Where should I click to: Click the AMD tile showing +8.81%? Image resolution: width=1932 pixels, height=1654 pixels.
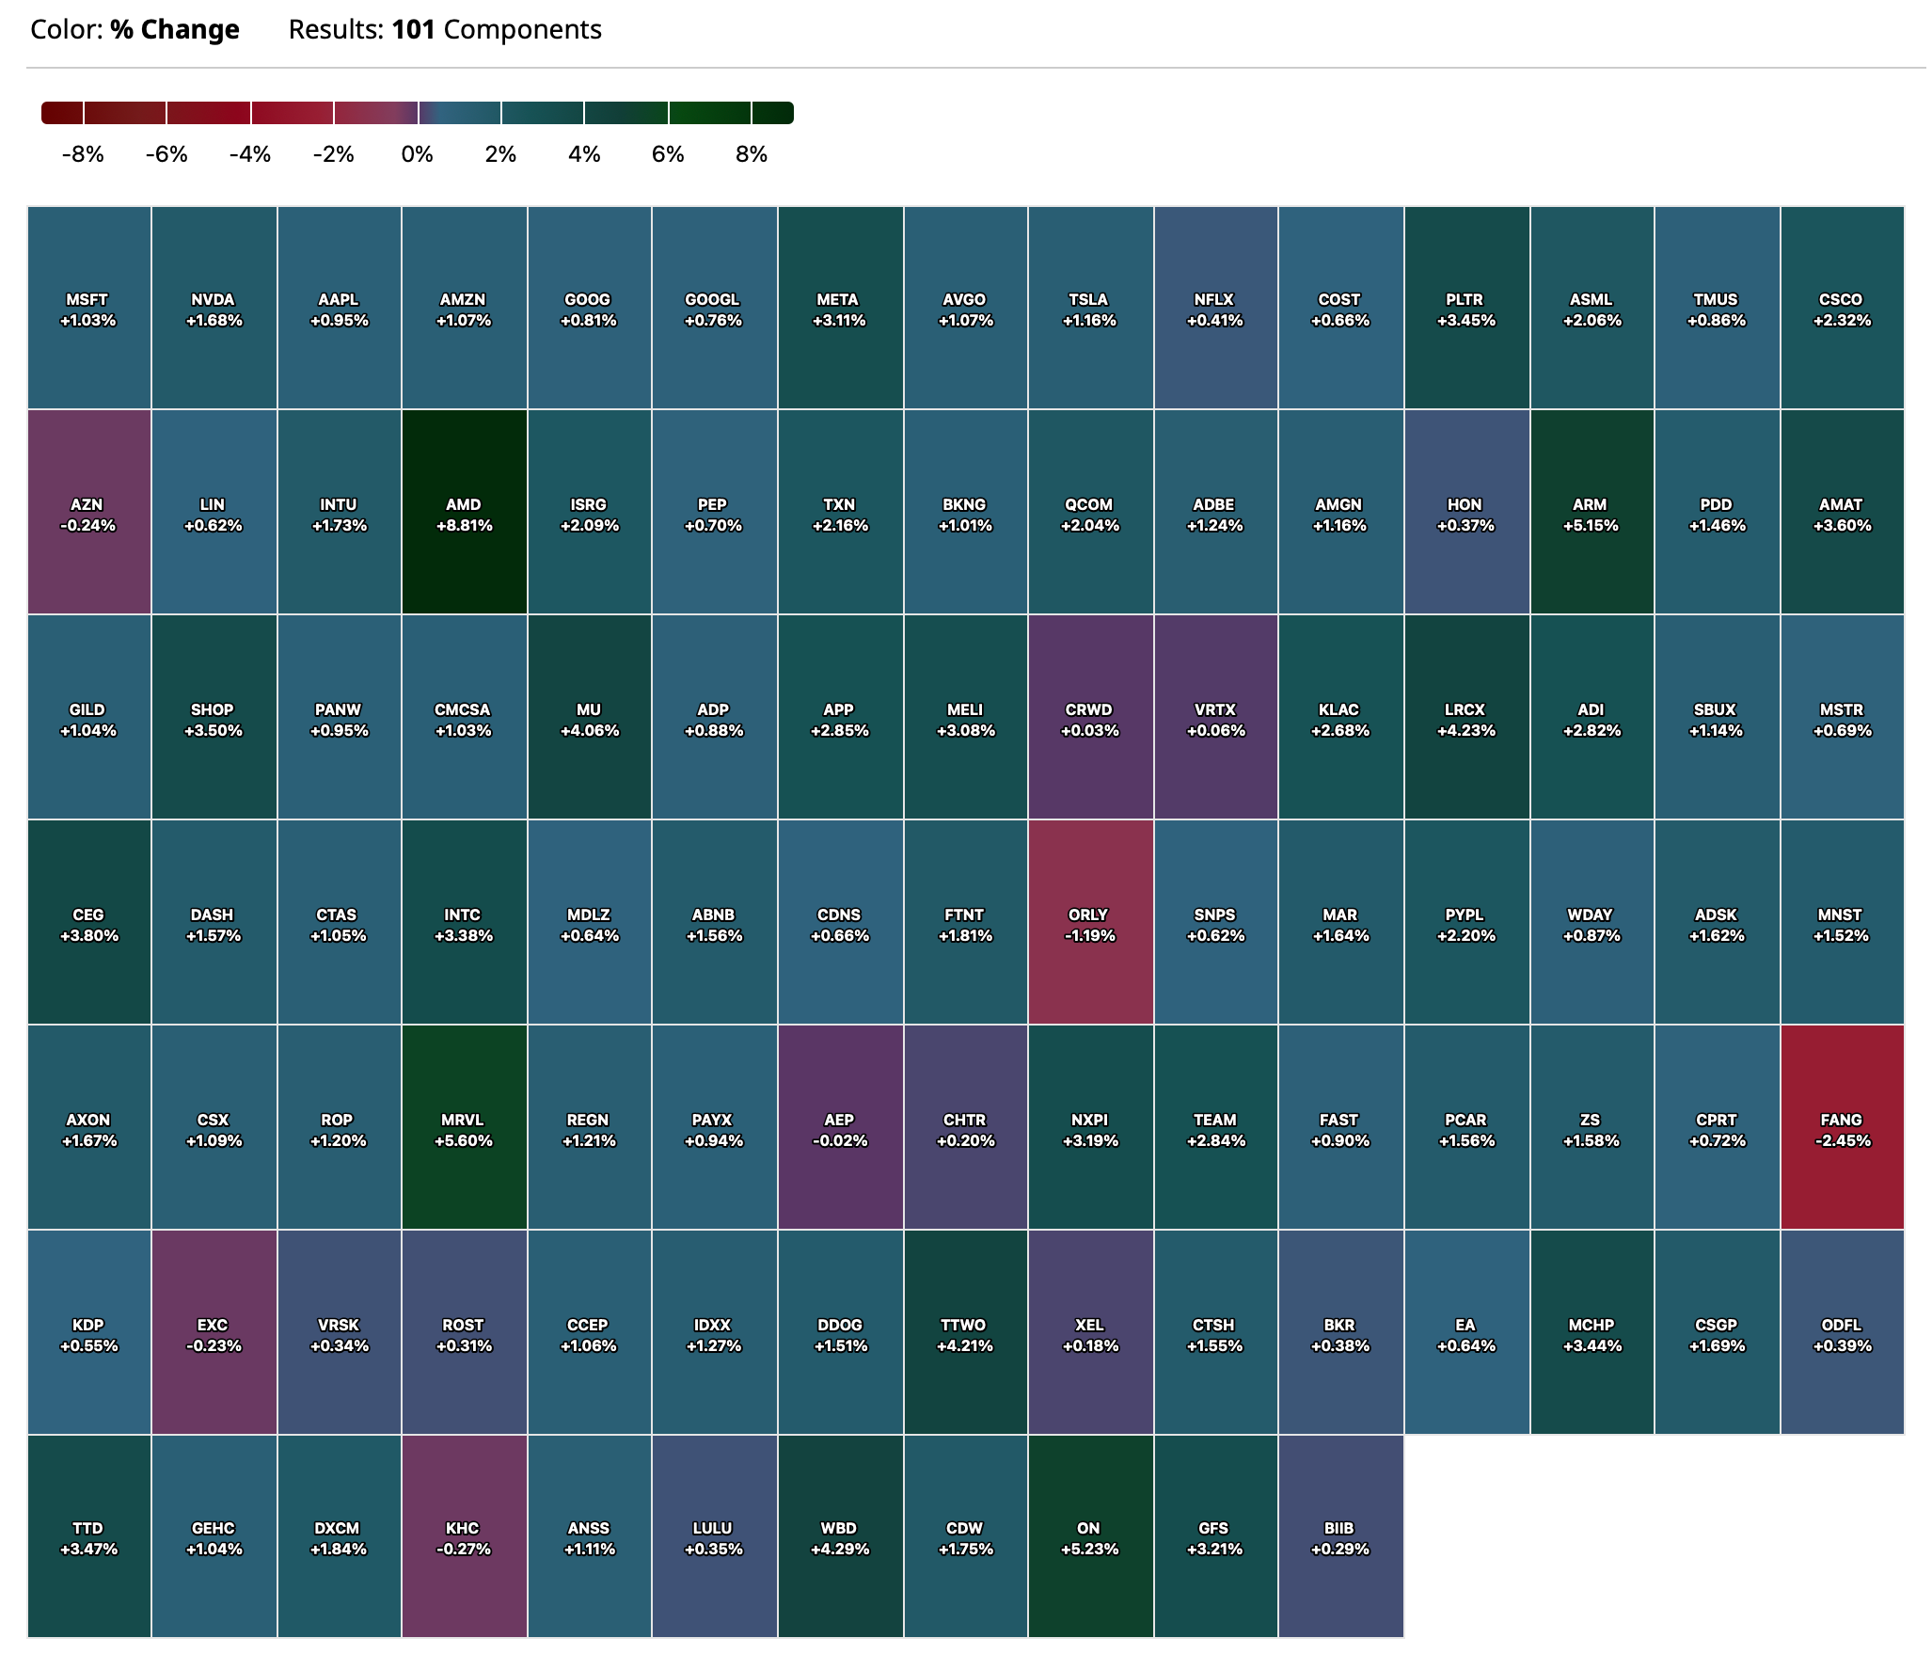coord(464,513)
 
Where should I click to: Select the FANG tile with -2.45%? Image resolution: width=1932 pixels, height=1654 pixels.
coord(1842,1128)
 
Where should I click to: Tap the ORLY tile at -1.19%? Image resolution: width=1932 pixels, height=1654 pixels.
coord(1089,923)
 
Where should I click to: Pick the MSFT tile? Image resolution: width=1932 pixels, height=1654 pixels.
coord(88,308)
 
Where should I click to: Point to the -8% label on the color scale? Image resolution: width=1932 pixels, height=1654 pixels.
coord(83,154)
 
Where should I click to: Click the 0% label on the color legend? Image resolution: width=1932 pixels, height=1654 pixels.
coord(417,154)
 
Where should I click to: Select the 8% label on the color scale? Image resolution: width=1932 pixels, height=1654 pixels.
coord(752,154)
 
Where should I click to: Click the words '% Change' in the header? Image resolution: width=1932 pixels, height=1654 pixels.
coord(175,30)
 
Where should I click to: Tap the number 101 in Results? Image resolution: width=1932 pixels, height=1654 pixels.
coord(413,30)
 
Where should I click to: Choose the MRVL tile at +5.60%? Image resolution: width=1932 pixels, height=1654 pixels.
coord(464,1128)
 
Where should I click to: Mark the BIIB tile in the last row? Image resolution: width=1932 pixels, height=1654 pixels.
coord(1339,1536)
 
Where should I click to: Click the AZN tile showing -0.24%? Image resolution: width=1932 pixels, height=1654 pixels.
coord(88,513)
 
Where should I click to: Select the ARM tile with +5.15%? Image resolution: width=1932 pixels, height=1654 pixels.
coord(1591,513)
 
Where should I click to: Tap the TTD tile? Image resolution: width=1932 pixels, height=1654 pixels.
coord(88,1536)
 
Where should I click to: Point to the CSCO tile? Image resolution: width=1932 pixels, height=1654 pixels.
coord(1842,308)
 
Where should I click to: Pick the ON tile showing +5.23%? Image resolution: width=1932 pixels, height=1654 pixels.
coord(1089,1536)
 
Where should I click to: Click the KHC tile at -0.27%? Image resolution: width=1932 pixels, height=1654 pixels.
coord(464,1536)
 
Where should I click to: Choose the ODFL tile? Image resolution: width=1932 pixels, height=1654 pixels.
coord(1842,1333)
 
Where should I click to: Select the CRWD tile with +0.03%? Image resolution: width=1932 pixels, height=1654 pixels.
coord(1089,718)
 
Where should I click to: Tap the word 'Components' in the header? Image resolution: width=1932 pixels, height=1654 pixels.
coord(522,30)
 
